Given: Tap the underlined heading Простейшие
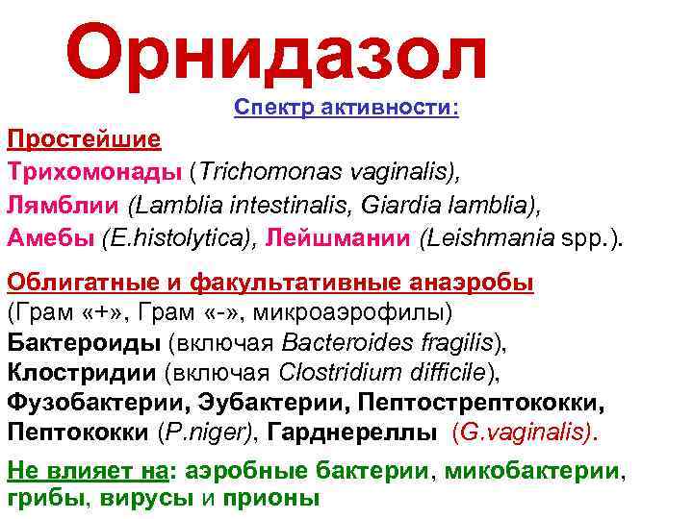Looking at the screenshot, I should click(x=85, y=139).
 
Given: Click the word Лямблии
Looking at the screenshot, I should click(x=64, y=205).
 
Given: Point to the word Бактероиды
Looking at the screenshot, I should click(x=85, y=342).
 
